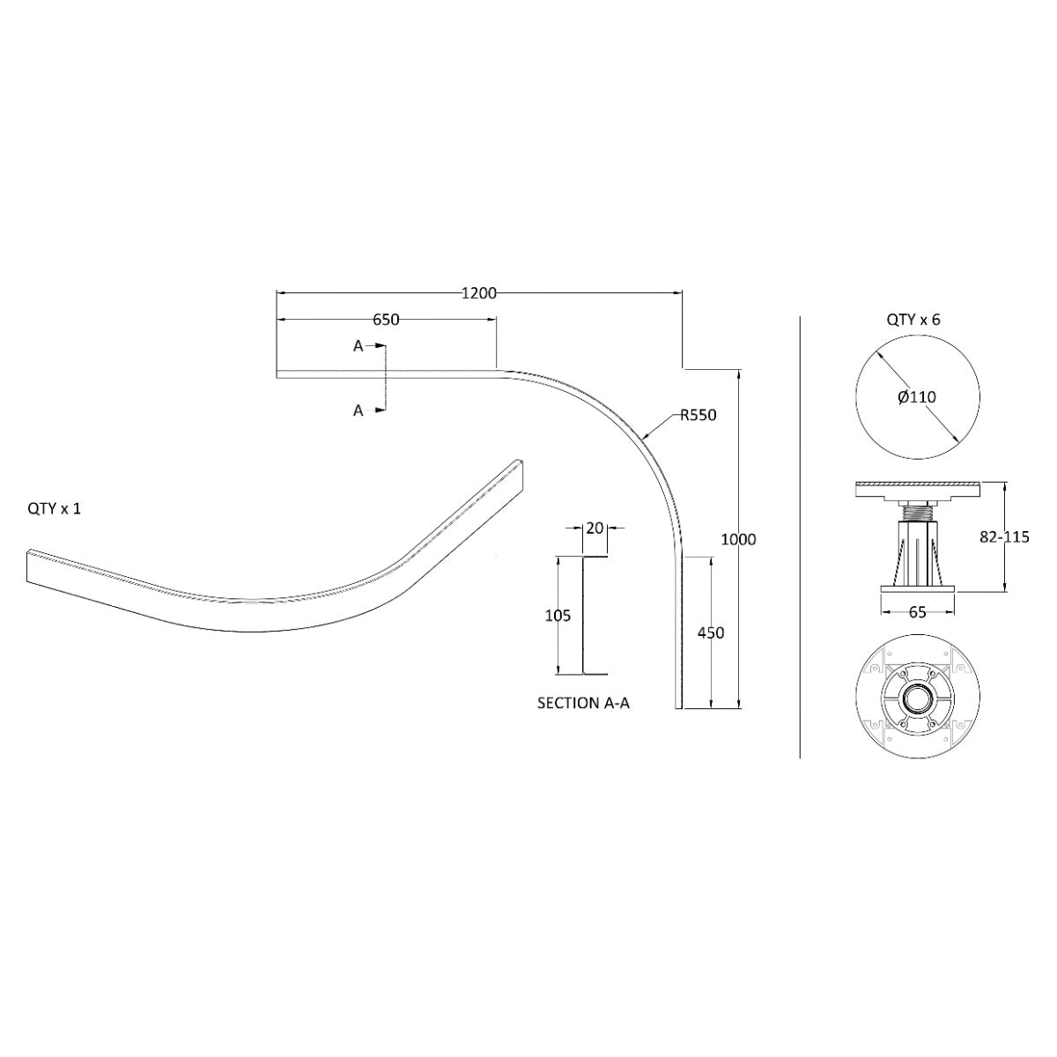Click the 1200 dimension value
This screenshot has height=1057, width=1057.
coord(479,293)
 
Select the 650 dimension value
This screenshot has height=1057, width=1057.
coord(386,319)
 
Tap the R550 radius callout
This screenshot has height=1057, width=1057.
coord(699,415)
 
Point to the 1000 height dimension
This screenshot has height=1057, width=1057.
coord(738,539)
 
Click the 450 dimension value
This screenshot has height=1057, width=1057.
coord(711,632)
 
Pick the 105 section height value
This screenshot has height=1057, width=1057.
coord(558,616)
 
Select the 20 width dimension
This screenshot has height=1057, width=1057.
coord(595,528)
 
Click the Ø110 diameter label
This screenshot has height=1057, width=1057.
coord(917,396)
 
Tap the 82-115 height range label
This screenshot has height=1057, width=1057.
coord(1004,537)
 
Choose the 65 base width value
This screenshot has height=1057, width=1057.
coord(917,612)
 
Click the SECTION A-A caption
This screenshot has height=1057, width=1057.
coord(583,703)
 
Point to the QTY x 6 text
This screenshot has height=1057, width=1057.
coord(913,320)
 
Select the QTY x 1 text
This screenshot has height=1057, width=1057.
coord(55,509)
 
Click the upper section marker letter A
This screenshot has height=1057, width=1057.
coord(358,346)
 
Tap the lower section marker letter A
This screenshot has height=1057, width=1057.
coord(358,410)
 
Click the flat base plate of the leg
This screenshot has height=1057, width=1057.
coord(917,589)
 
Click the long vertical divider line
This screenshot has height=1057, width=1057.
coord(800,537)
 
